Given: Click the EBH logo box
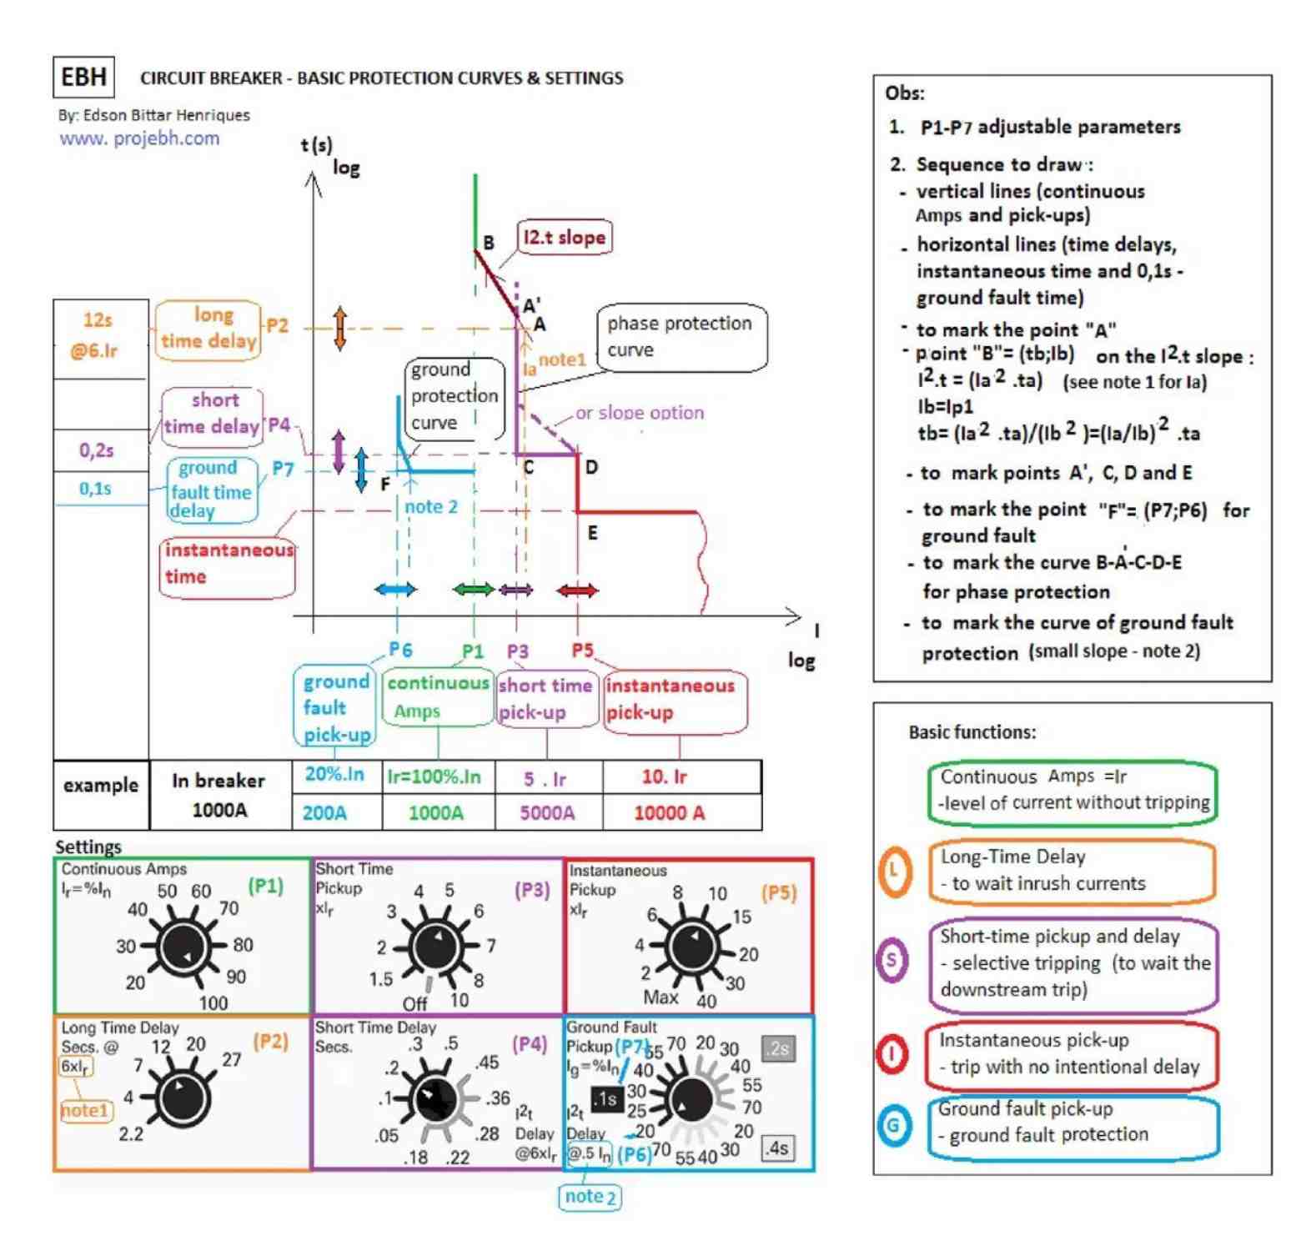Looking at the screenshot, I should point(83,77).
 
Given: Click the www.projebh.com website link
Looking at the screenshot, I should point(139,138).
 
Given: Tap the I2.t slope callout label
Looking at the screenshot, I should point(565,238).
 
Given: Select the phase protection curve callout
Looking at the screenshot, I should point(680,337).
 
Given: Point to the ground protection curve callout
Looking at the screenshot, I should point(455,396).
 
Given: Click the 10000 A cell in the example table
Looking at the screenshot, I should point(669,813).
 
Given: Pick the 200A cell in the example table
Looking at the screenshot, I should point(324,813).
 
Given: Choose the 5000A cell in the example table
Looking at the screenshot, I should point(547,813).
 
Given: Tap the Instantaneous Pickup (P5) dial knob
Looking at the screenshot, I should point(693,948).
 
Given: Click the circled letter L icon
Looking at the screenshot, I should point(894,872).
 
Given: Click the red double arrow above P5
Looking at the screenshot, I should point(578,591).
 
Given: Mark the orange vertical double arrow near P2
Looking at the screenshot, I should point(339,328).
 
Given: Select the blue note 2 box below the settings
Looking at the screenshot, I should point(590,1197).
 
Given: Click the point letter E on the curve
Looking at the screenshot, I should point(592,532).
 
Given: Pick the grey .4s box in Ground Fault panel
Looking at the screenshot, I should point(777,1148).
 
